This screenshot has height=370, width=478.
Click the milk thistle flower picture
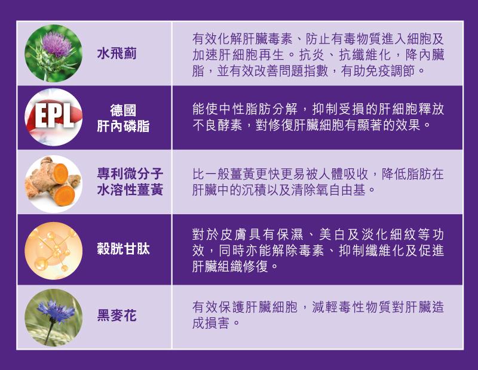pos(53,53)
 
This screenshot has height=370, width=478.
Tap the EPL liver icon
pos(53,117)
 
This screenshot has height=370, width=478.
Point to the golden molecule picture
pos(53,251)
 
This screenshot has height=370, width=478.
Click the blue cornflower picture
pos(53,317)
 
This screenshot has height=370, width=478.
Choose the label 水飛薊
pos(117,54)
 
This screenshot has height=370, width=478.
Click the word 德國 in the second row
pos(123,110)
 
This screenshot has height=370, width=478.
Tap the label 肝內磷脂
pos(123,126)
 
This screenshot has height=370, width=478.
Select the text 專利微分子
pos(130,174)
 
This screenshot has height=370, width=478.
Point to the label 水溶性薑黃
pos(130,190)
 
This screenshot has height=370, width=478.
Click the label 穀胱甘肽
pos(123,249)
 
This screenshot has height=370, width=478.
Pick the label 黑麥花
pos(117,316)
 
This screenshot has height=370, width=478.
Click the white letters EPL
pos(54,116)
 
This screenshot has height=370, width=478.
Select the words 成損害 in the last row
pos(210,323)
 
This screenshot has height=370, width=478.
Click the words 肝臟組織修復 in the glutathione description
pos(230,267)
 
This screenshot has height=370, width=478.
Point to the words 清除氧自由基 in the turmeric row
pos(328,190)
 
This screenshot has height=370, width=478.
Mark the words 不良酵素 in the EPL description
pos(217,125)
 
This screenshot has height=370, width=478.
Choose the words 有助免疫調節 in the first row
pos(379,71)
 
